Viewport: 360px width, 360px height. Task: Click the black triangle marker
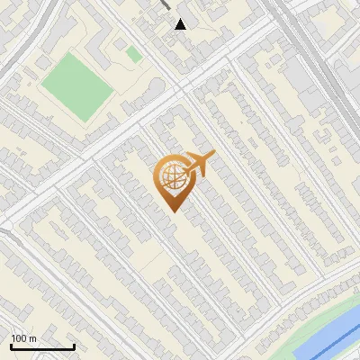(181, 23)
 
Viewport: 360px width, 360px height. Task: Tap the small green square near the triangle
(133, 55)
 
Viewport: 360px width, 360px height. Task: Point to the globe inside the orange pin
(171, 176)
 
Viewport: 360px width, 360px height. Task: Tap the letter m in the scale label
(33, 339)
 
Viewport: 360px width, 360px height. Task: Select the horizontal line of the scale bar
(41, 347)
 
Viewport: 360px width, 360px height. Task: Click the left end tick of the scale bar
(11, 346)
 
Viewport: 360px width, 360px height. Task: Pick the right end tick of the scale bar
(73, 346)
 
